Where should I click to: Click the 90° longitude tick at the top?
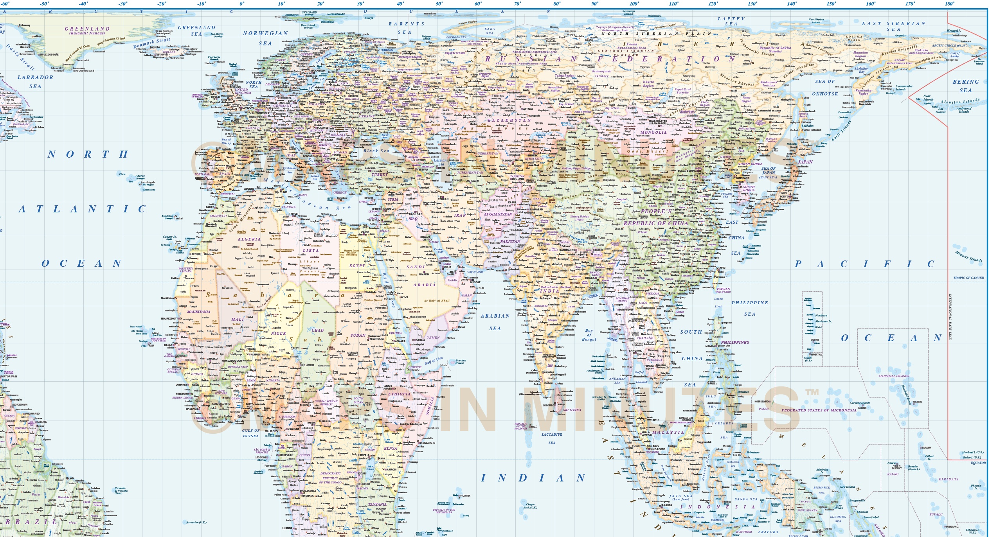tap(595, 4)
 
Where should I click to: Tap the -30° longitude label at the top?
tap(123, 4)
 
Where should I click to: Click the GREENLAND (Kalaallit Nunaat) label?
tap(87, 31)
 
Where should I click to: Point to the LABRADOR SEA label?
tap(35, 82)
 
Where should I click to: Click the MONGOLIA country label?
tap(653, 133)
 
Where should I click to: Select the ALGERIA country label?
tap(249, 239)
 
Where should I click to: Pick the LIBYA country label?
tap(311, 251)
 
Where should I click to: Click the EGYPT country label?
tap(357, 266)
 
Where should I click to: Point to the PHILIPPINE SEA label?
tap(750, 308)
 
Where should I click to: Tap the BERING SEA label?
tap(965, 86)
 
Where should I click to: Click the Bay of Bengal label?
tap(589, 335)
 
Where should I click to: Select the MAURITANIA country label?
tap(199, 312)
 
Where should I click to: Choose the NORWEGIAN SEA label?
tap(265, 38)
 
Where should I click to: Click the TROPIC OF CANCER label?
tap(968, 278)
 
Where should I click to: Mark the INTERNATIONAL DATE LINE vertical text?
tap(950, 317)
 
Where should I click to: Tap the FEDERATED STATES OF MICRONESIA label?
tap(819, 410)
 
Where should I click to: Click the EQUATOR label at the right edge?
tap(978, 463)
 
